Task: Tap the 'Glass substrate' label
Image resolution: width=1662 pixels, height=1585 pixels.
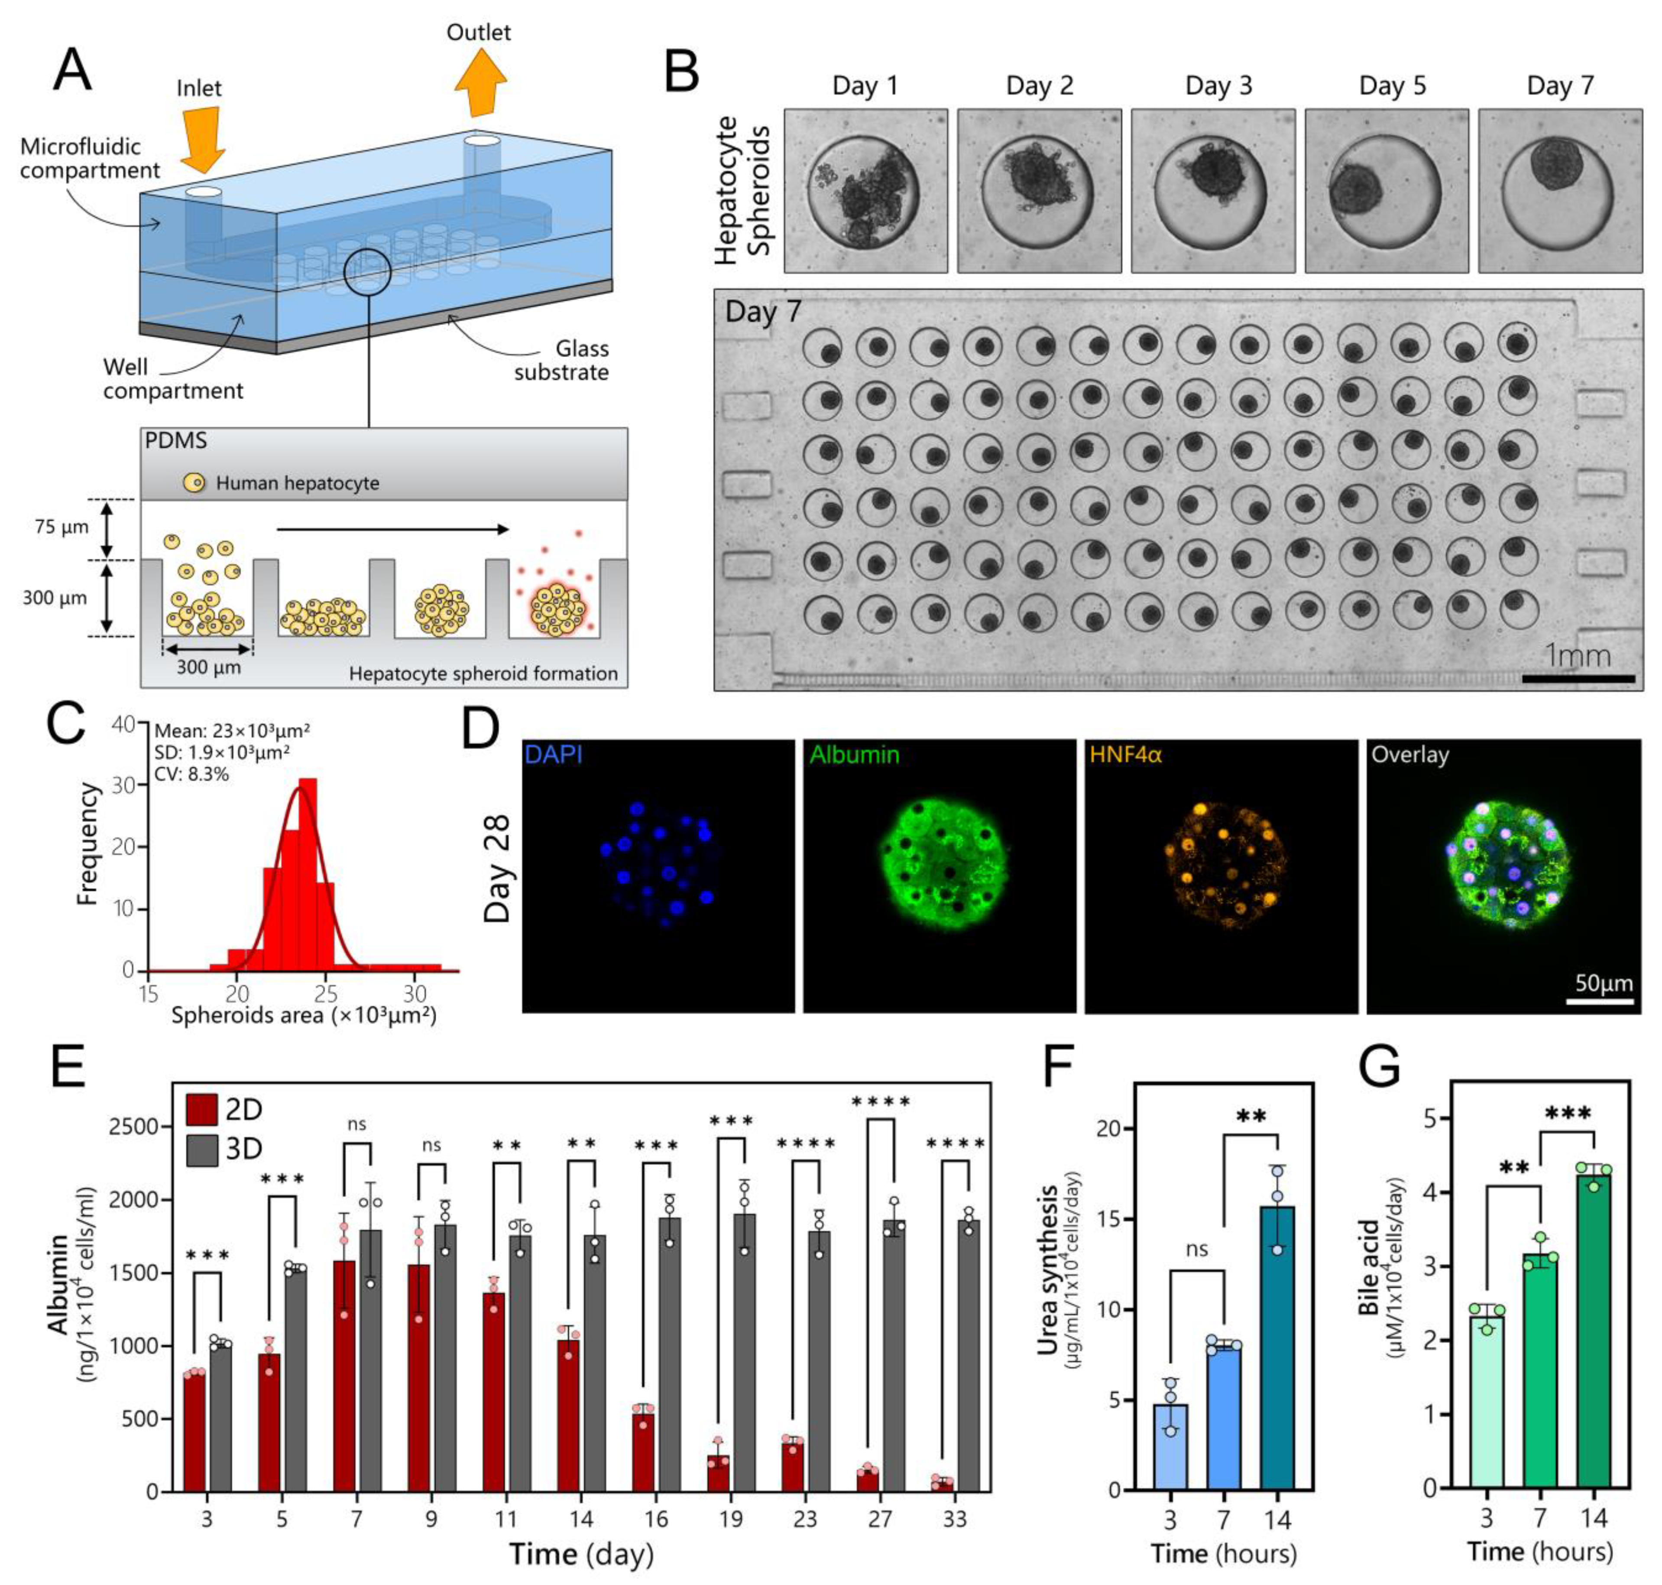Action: point(562,361)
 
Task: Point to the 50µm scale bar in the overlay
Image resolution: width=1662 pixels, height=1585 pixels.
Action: point(1599,1001)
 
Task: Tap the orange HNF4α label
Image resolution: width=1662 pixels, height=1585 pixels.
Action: point(1125,755)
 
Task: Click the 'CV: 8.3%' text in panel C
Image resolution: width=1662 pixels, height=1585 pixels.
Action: point(192,773)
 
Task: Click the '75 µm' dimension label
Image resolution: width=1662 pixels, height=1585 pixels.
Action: point(61,527)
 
